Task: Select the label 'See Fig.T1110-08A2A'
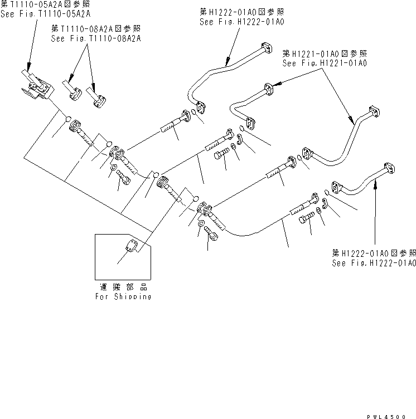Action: pyautogui.click(x=96, y=38)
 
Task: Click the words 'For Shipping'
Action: pyautogui.click(x=123, y=297)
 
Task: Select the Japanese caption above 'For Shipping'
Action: pyautogui.click(x=123, y=288)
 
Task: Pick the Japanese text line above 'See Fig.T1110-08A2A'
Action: pyautogui.click(x=96, y=28)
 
